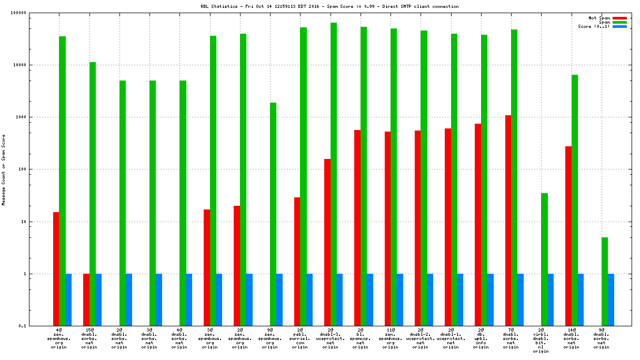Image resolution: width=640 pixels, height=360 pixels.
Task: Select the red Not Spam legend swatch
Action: pyautogui.click(x=620, y=18)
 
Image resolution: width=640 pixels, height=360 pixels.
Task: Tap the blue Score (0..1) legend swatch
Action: pyautogui.click(x=620, y=26)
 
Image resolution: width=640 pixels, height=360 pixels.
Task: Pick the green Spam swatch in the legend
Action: pyautogui.click(x=620, y=22)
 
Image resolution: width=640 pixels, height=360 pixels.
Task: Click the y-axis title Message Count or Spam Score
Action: pyautogui.click(x=3, y=169)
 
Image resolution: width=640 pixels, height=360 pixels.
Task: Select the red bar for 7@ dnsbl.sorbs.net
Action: pyautogui.click(x=508, y=221)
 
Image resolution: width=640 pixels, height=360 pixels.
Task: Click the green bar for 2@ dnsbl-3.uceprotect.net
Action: pyautogui.click(x=334, y=174)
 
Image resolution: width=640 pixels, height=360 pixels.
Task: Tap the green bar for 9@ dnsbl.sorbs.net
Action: pyautogui.click(x=605, y=282)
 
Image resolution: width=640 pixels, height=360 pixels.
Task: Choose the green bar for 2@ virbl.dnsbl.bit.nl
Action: pyautogui.click(x=544, y=259)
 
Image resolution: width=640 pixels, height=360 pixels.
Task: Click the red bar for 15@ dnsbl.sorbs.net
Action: pyautogui.click(x=86, y=299)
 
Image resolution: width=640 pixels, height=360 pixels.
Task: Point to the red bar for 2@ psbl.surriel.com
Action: pyautogui.click(x=297, y=262)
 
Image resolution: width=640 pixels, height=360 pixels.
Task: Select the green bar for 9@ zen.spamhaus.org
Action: pyautogui.click(x=273, y=214)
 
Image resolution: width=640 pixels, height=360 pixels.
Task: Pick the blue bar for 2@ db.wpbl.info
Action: pyautogui.click(x=490, y=299)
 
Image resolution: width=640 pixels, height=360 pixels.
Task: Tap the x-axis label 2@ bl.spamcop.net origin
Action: pyautogui.click(x=361, y=339)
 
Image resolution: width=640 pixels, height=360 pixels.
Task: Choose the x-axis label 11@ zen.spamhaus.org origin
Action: pyautogui.click(x=391, y=339)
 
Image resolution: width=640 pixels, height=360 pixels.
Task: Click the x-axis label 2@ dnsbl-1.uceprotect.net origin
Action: pyautogui.click(x=451, y=339)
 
